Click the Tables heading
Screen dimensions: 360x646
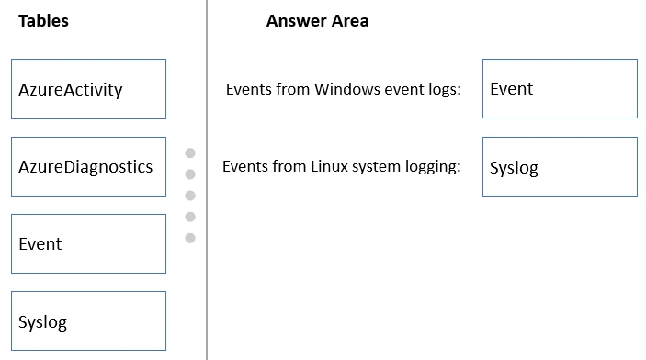click(43, 21)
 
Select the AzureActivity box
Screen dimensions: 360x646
click(88, 89)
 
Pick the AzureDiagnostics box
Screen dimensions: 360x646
click(88, 166)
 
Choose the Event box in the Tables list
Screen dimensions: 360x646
click(88, 243)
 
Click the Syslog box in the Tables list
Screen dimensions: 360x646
click(88, 321)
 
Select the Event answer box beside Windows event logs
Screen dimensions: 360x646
click(559, 89)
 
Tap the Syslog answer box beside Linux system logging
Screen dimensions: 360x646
click(559, 167)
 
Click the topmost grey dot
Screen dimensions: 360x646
click(190, 153)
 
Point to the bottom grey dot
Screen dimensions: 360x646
click(190, 238)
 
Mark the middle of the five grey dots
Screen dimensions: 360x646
click(190, 196)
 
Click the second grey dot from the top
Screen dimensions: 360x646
click(190, 174)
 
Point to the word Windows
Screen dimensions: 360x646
click(345, 89)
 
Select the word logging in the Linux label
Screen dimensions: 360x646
click(434, 167)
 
